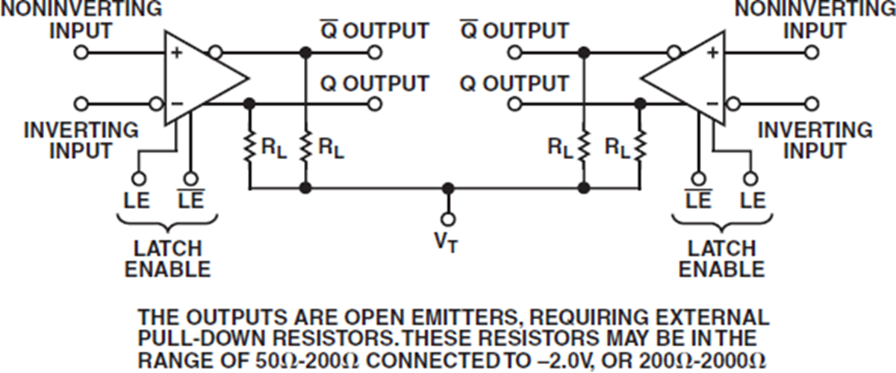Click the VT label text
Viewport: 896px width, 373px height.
[448, 242]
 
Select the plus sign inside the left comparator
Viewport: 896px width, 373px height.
[178, 53]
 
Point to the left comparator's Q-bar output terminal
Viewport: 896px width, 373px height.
[374, 53]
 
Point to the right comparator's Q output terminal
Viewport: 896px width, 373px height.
[514, 104]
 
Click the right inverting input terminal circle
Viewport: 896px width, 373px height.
[812, 104]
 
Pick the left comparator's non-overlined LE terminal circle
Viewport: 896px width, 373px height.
[138, 179]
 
